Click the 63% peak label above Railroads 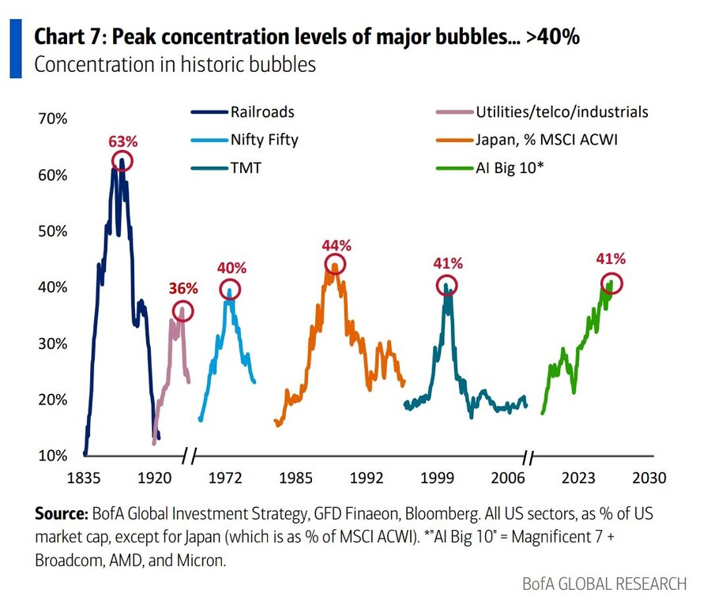pyautogui.click(x=123, y=141)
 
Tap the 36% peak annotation pyautogui.click(x=183, y=288)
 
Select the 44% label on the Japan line pyautogui.click(x=337, y=245)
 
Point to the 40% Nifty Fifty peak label pyautogui.click(x=231, y=268)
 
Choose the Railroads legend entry pyautogui.click(x=243, y=112)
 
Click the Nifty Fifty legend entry pyautogui.click(x=245, y=140)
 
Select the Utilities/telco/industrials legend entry pyautogui.click(x=542, y=112)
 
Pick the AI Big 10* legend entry pyautogui.click(x=490, y=168)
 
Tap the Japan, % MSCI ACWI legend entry pyautogui.click(x=527, y=140)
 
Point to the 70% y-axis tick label pyautogui.click(x=53, y=118)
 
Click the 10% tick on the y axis pyautogui.click(x=53, y=456)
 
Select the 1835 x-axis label pyautogui.click(x=84, y=478)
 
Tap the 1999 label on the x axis pyautogui.click(x=437, y=478)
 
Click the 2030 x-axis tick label pyautogui.click(x=649, y=478)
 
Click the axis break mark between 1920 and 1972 pyautogui.click(x=189, y=456)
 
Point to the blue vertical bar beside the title pyautogui.click(x=16, y=48)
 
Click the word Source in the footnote pyautogui.click(x=61, y=514)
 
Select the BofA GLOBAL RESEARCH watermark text pyautogui.click(x=604, y=584)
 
